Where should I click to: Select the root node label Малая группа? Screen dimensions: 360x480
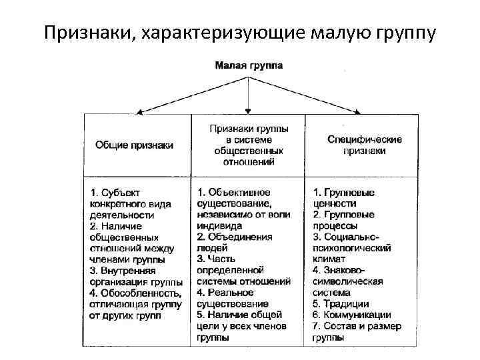(248, 65)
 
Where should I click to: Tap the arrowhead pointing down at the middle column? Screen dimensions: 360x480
(248, 109)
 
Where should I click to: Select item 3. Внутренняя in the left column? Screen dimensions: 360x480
(122, 271)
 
